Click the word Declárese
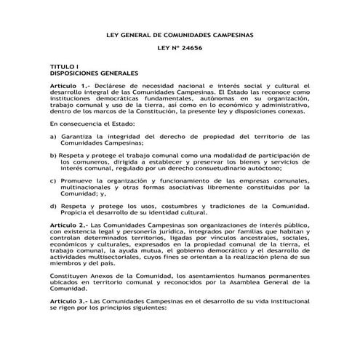pos(106,87)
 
